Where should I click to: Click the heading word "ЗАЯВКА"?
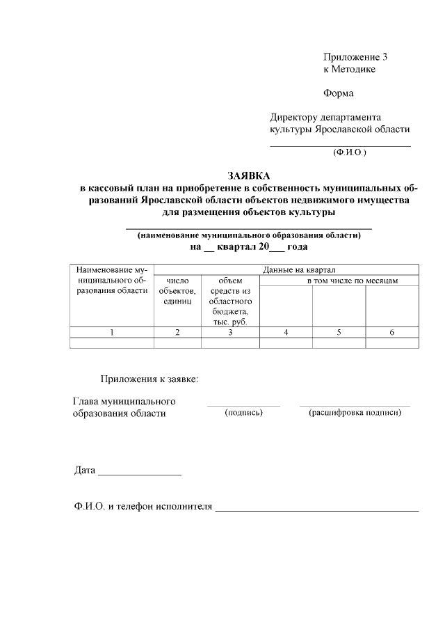(x=248, y=176)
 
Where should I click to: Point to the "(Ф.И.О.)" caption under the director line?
(x=350, y=151)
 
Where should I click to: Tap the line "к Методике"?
(x=349, y=69)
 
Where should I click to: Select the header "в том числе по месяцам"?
(x=353, y=280)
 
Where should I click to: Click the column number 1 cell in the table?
(x=112, y=333)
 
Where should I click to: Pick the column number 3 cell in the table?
(x=230, y=333)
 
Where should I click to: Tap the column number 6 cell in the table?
(x=391, y=333)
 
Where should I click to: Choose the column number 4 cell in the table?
(x=286, y=333)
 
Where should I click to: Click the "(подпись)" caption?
(x=243, y=413)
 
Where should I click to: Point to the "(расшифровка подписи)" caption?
(x=355, y=413)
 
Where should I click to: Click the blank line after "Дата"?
(x=140, y=474)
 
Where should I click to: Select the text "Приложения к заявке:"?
(x=149, y=379)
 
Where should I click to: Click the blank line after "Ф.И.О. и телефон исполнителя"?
(x=317, y=510)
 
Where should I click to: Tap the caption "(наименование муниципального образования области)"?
(x=249, y=235)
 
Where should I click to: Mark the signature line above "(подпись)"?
(x=243, y=404)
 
